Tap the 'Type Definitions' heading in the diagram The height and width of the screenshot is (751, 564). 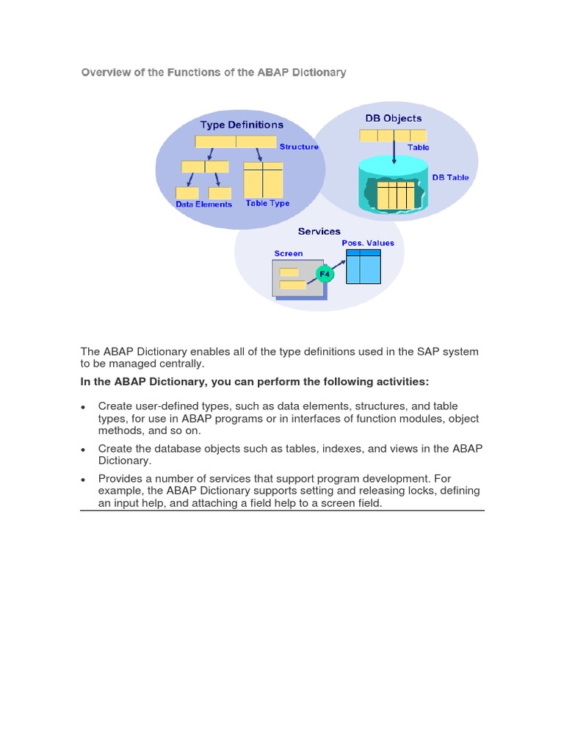coord(242,125)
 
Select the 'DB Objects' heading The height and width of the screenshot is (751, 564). coord(394,118)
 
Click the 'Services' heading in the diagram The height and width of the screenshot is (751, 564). coord(319,231)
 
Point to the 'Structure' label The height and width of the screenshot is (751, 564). coord(299,147)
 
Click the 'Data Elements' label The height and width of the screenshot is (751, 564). coord(204,205)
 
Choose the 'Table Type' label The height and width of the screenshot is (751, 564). coord(267,203)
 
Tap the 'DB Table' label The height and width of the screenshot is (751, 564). coord(450,177)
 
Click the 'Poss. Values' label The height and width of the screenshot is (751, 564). coord(368,243)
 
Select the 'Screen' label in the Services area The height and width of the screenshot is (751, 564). coord(289,254)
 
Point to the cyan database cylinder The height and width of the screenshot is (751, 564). coord(393,187)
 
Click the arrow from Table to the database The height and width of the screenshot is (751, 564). coord(394,153)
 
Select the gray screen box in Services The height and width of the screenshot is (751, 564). coord(298,279)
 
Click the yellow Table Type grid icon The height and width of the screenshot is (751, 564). coord(263,180)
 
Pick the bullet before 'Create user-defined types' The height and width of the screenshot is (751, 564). coord(84,407)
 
